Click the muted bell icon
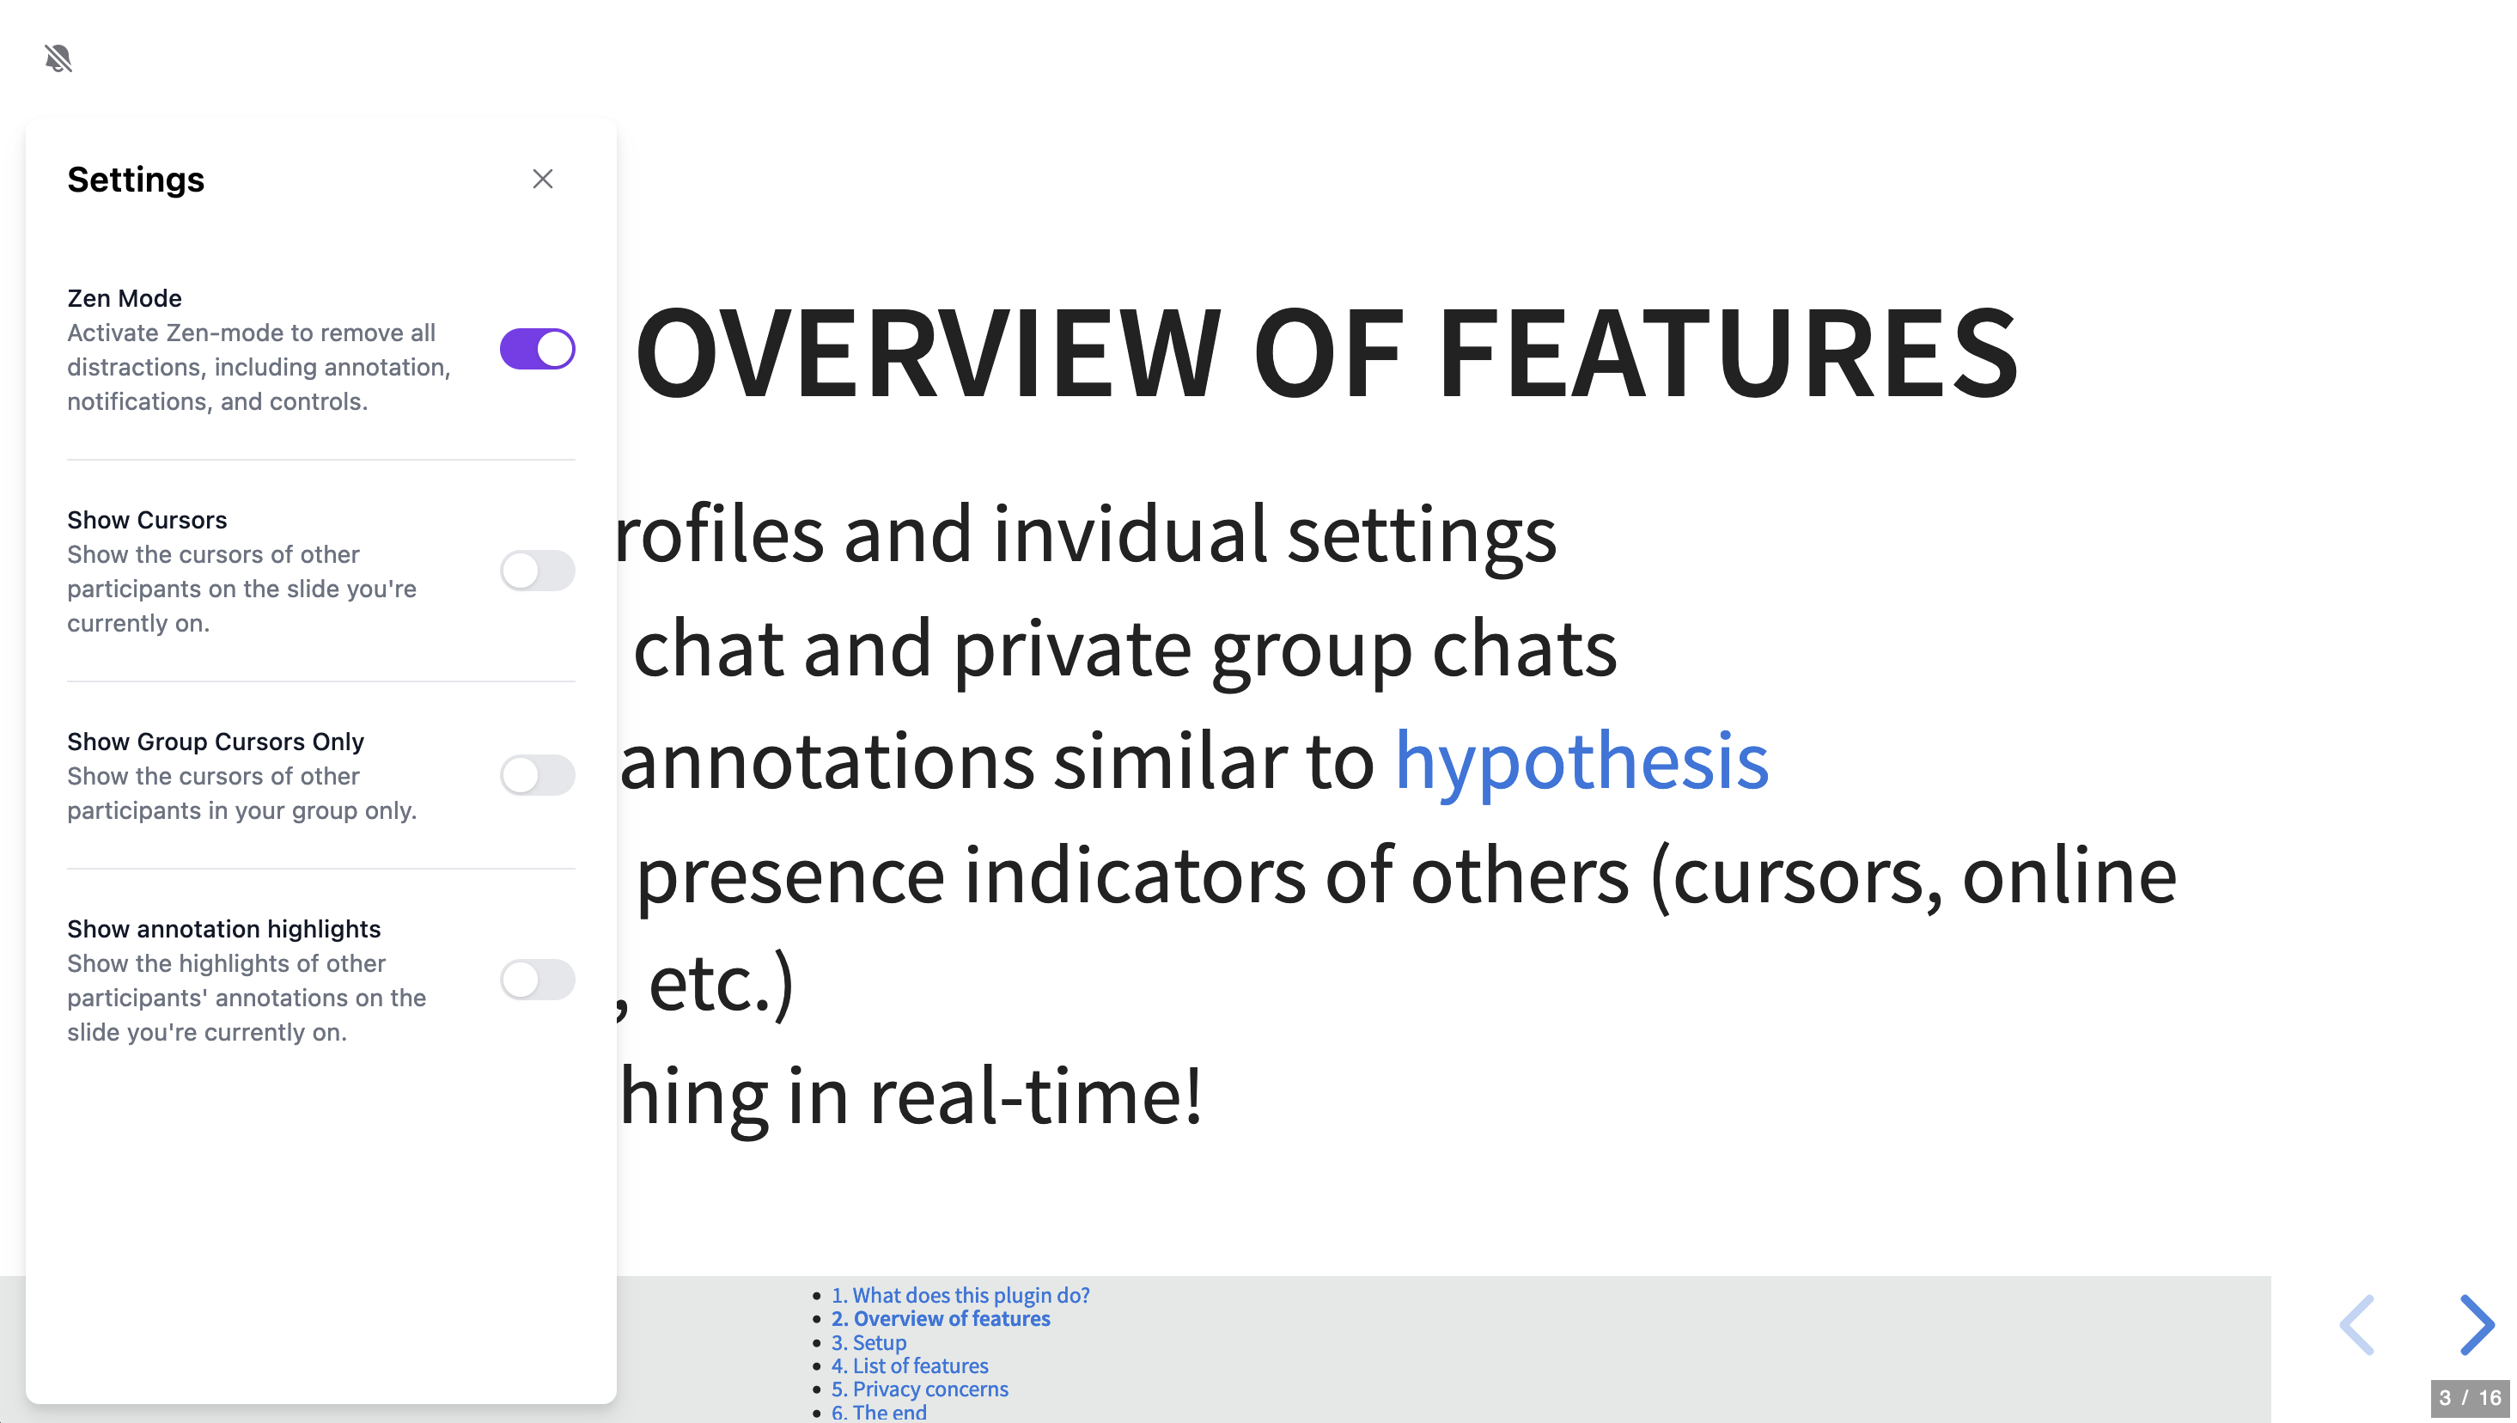point(58,58)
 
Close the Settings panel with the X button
point(543,179)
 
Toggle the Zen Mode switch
point(538,349)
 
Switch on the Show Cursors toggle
point(538,571)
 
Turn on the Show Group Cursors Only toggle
point(538,775)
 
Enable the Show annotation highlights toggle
point(538,980)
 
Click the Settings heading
point(136,180)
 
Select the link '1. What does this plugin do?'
point(960,1295)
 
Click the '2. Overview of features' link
point(941,1318)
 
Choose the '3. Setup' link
point(868,1343)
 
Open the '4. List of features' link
point(910,1365)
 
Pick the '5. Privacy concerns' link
point(919,1389)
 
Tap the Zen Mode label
point(124,298)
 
